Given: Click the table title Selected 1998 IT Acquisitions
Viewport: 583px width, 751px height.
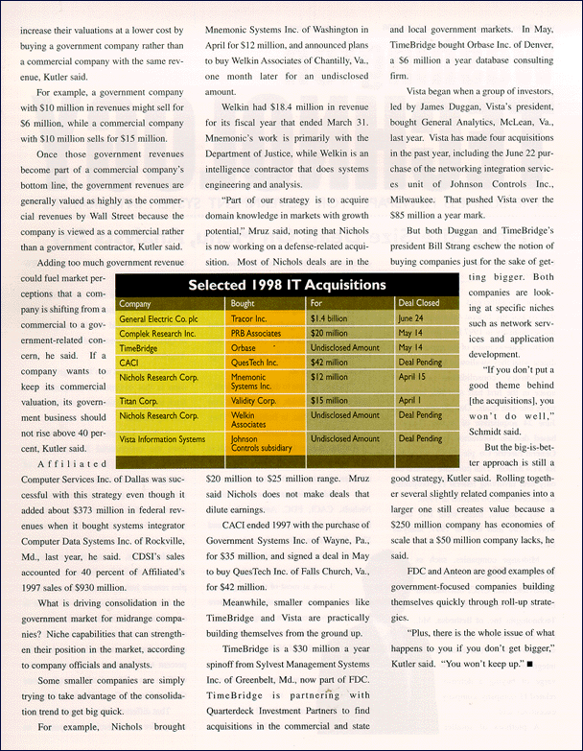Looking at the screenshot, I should pos(287,285).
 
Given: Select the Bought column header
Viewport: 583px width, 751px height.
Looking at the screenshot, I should pos(243,304).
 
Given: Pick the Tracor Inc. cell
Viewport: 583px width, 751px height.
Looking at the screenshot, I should pos(249,318).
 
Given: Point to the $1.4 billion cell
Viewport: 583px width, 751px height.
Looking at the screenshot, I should pos(330,318).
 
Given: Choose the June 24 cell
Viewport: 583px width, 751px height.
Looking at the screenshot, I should pos(412,318).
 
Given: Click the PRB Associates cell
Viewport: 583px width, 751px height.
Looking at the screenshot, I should pos(256,333).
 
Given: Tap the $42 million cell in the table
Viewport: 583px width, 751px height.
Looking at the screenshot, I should pos(331,364).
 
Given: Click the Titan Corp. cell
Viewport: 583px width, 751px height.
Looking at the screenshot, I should pos(140,401).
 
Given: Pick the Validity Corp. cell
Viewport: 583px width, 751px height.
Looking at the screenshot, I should pos(255,401).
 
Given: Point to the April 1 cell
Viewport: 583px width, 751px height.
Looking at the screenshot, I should pos(409,401).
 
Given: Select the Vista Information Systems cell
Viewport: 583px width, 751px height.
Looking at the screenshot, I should pos(162,440).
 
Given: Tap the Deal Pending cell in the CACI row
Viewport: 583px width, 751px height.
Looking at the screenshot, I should pos(420,364).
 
